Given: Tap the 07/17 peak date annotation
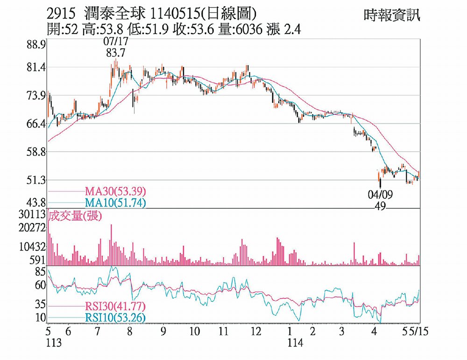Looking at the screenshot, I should click(x=115, y=42).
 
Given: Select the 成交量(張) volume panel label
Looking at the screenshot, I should click(x=76, y=215).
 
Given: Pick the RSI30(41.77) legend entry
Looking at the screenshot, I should click(x=115, y=306).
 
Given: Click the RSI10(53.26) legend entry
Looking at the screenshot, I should click(x=115, y=318).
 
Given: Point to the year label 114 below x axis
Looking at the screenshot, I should click(x=295, y=342).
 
